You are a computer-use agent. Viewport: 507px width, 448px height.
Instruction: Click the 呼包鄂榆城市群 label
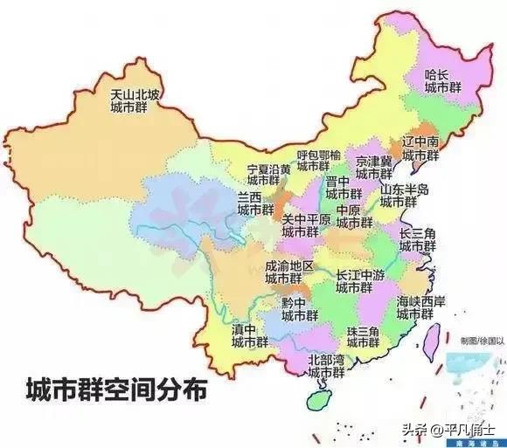click(x=313, y=160)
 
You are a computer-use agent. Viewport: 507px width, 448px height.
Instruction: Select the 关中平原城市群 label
click(x=305, y=226)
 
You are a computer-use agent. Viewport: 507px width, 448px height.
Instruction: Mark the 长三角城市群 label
click(x=417, y=240)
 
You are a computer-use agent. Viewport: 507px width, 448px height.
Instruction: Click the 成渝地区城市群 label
click(x=289, y=272)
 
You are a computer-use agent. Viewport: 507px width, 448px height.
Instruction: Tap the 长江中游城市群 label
click(x=359, y=281)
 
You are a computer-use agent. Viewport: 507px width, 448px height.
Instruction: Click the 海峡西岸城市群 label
click(x=420, y=307)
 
